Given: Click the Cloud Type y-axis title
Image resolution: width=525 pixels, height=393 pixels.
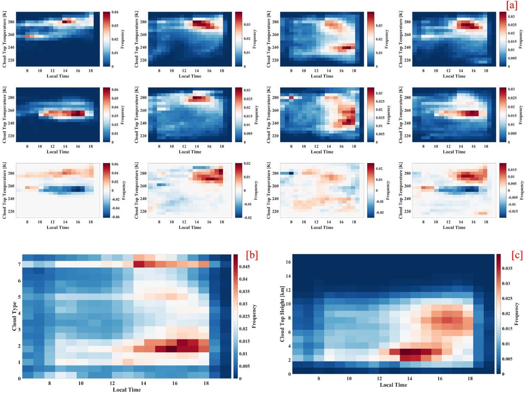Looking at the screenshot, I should click(x=15, y=316).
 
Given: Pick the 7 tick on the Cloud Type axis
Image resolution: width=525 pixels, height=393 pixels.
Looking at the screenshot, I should click(x=19, y=264).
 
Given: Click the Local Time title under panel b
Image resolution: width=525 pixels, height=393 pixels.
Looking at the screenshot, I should click(x=127, y=390).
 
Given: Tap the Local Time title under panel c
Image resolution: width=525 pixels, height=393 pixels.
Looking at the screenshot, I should click(x=394, y=385).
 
